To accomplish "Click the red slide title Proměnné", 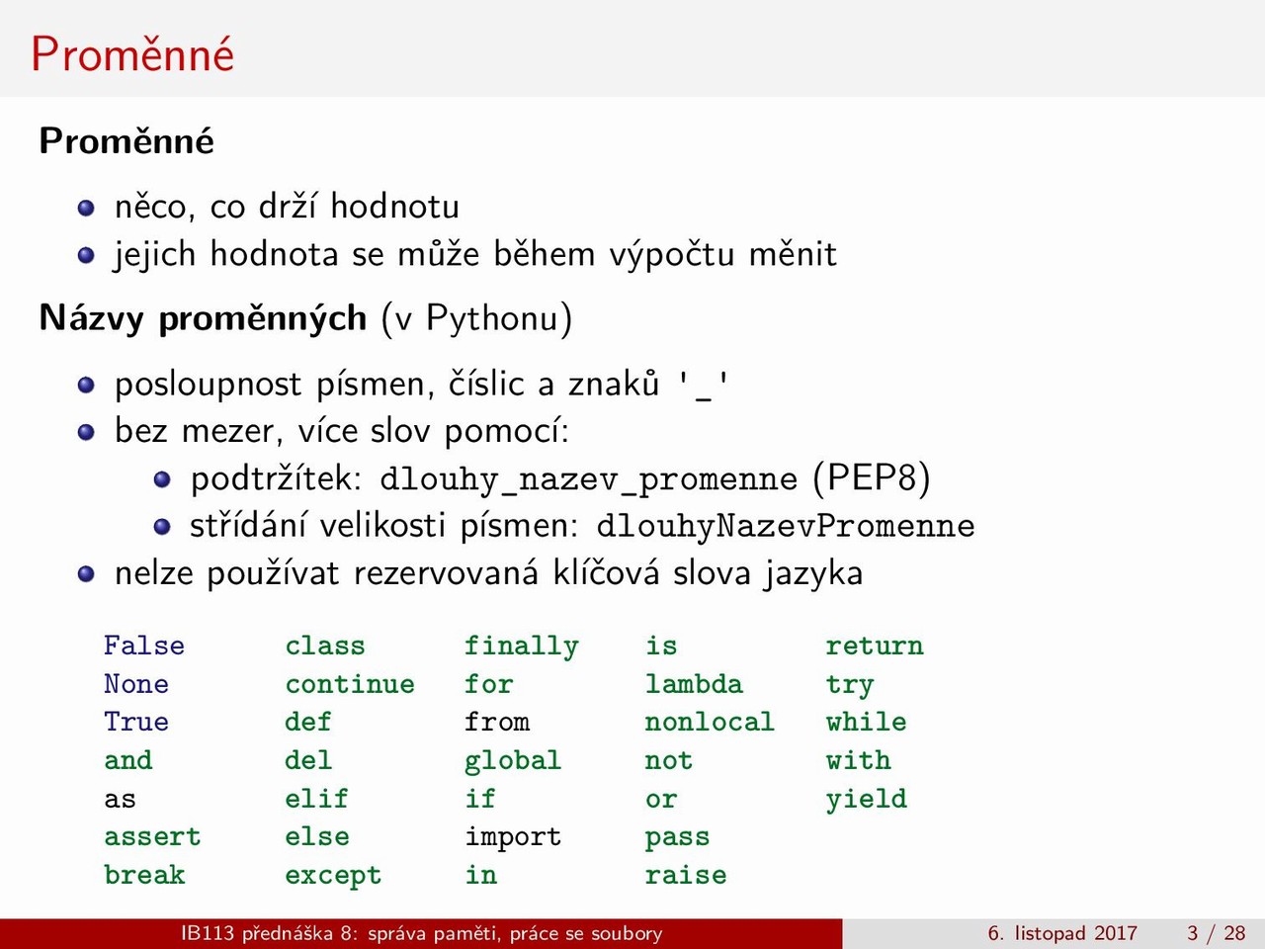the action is pos(132,54).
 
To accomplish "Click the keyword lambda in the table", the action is pos(694,684).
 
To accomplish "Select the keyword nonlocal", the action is pos(710,722).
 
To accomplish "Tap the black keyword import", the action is pos(513,837).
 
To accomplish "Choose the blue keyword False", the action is pos(144,646).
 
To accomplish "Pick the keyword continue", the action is pos(350,684).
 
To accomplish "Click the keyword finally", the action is pos(522,647).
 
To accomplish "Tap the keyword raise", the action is pos(686,875).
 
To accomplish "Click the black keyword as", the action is pos(120,800).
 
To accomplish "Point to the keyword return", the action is pos(875,647).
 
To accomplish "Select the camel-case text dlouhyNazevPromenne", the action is pos(785,527).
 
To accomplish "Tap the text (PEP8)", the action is pos(872,478).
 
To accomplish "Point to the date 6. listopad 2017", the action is pos(1062,933).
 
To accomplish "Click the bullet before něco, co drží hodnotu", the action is pos(86,208).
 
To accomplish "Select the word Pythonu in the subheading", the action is pos(492,318).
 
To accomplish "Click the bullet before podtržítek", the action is pos(162,479).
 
